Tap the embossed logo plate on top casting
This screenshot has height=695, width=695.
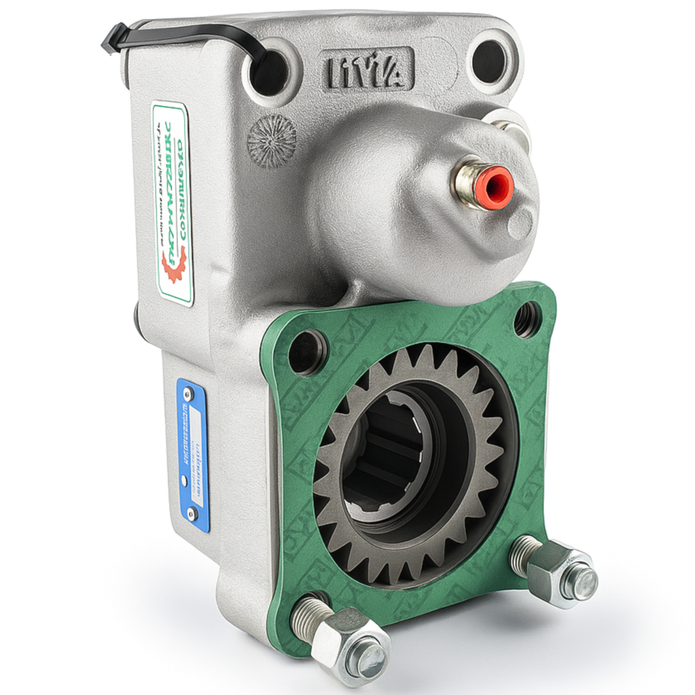367,69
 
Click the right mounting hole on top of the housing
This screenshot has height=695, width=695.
490,61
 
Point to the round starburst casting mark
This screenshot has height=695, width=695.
271,140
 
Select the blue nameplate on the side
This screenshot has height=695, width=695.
193,454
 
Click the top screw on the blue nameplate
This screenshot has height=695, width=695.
188,394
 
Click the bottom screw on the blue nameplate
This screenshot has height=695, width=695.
192,513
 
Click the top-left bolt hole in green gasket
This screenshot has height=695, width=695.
307,351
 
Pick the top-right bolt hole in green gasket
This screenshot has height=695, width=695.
527,319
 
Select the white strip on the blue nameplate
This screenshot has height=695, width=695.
195,456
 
